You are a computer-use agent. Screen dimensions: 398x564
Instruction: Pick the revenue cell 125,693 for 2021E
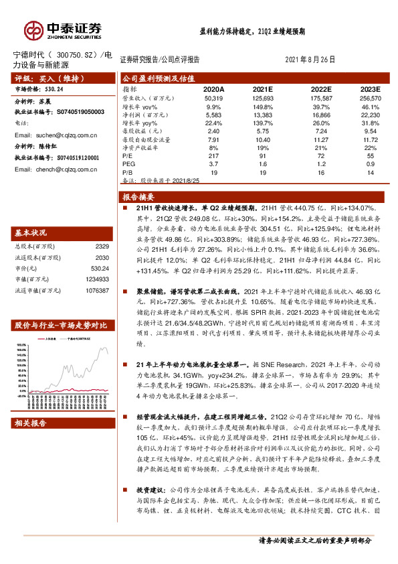tap(265, 98)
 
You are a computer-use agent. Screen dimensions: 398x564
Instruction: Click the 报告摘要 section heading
tap(139, 198)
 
